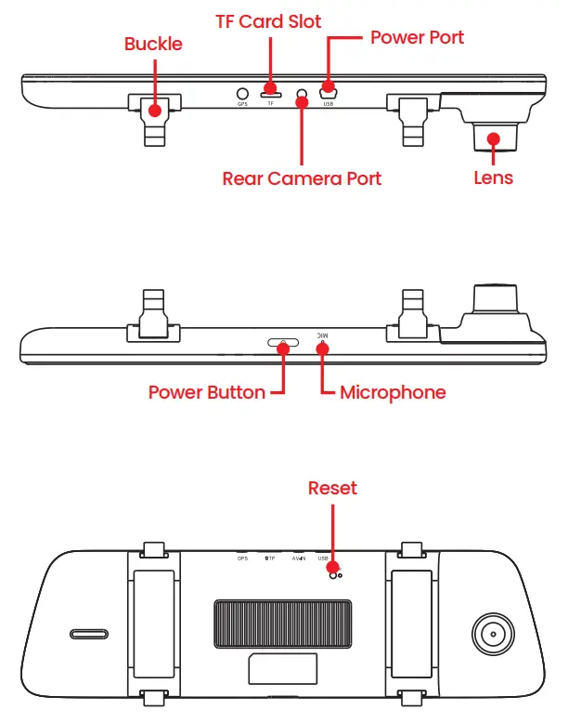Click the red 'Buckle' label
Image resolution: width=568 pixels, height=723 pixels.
point(154,45)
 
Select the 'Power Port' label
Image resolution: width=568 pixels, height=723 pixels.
point(417,38)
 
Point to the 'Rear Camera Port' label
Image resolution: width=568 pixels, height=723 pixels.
point(302,177)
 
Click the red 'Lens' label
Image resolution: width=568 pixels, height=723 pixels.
point(492,177)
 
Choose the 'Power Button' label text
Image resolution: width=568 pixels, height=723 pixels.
point(206,392)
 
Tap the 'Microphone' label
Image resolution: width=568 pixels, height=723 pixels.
point(393,392)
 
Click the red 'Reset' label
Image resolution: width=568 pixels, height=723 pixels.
point(332,488)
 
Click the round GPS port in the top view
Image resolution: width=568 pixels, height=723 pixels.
point(242,93)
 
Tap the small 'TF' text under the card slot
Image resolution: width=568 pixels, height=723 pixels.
point(271,104)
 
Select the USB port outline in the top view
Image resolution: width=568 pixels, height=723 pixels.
point(328,93)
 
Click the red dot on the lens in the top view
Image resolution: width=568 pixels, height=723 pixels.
point(494,139)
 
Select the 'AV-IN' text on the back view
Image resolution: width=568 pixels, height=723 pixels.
point(299,559)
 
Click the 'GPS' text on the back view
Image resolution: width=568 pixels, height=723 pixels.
point(242,559)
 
